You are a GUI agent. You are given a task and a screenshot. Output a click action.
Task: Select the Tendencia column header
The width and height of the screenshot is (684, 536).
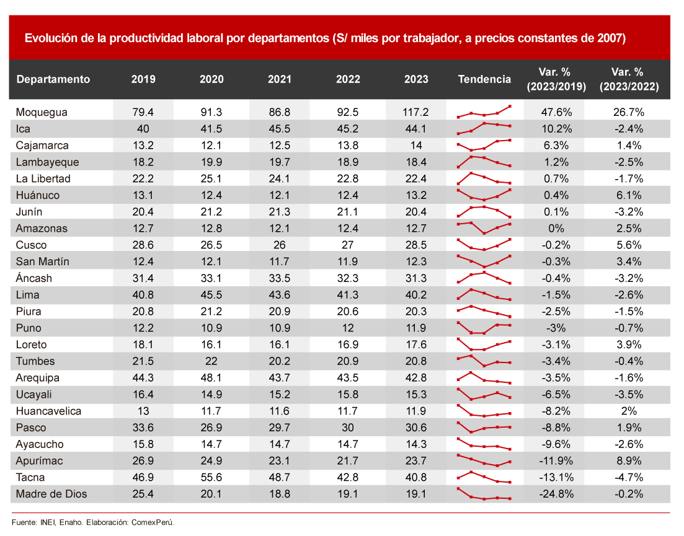(x=484, y=79)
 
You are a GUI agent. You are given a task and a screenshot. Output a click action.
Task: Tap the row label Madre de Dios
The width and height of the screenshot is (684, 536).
(x=51, y=494)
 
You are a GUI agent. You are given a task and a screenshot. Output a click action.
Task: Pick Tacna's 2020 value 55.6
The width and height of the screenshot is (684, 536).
(x=211, y=478)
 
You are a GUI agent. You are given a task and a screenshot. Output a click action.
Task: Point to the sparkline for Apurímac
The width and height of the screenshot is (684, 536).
(x=484, y=461)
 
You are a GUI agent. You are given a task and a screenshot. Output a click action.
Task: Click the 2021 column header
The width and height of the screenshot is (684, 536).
(x=280, y=79)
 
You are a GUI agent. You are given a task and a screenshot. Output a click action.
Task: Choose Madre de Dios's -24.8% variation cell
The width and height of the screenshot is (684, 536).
(x=556, y=494)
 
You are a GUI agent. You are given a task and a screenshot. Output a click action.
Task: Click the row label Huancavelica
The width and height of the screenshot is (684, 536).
(x=48, y=411)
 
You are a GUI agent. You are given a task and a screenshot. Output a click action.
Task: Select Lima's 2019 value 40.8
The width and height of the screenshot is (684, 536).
(x=144, y=295)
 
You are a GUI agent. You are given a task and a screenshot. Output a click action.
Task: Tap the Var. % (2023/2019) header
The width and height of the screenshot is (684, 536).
(x=556, y=79)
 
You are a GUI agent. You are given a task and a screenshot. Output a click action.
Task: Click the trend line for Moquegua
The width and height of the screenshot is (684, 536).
(x=484, y=113)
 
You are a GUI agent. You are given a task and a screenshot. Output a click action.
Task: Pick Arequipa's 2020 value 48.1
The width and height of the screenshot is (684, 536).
(x=211, y=378)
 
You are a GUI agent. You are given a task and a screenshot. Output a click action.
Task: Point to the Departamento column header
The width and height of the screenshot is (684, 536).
(x=53, y=79)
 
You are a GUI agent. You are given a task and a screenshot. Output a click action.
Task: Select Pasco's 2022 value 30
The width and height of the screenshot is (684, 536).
(x=348, y=428)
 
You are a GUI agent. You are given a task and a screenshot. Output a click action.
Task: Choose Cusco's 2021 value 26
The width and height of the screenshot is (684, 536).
(x=280, y=245)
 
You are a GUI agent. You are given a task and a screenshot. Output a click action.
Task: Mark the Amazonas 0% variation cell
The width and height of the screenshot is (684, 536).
(x=556, y=228)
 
